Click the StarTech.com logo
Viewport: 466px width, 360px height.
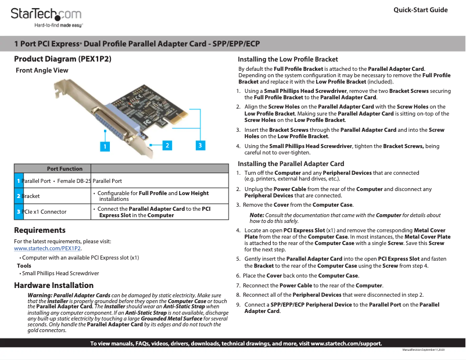coord(46,14)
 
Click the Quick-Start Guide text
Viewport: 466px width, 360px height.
coord(420,10)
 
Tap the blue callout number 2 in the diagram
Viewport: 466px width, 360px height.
coord(166,144)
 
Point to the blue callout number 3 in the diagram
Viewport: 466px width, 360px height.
coord(200,145)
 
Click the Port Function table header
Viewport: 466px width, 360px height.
coord(64,168)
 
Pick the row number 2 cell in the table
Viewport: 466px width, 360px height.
coord(19,196)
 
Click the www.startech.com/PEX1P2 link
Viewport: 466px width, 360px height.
coord(48,249)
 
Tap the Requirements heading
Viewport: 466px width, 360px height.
coord(40,230)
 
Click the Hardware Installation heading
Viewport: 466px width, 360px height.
coord(53,285)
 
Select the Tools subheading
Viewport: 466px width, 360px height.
coord(24,265)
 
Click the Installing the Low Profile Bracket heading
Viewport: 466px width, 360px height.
coord(288,59)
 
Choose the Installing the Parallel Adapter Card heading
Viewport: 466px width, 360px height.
coord(291,164)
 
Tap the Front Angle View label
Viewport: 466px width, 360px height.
coord(42,70)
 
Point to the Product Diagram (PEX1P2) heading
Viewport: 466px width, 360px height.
coord(62,59)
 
